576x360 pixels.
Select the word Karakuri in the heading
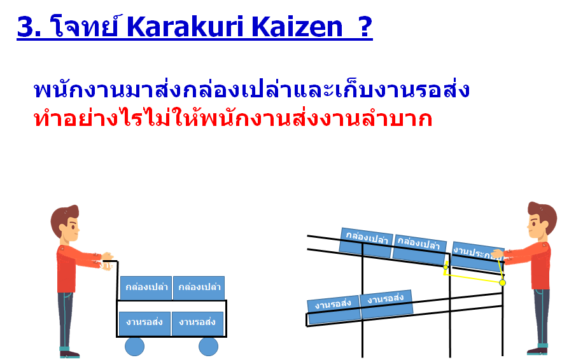pos(185,27)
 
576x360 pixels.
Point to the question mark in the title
pos(365,27)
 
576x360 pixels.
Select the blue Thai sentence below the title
pos(251,90)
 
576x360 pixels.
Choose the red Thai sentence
pos(233,118)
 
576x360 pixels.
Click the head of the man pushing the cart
pos(66,221)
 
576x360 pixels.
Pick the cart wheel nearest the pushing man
pos(134,346)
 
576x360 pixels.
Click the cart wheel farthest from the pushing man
pos(208,346)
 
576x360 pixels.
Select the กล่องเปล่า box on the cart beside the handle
pos(146,287)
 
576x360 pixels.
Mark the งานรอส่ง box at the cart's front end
pos(198,323)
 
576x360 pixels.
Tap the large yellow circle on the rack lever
pos(503,282)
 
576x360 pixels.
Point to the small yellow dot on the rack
pos(446,267)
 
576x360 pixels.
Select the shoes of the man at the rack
pos(537,350)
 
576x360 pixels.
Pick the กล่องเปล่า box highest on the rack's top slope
pos(366,242)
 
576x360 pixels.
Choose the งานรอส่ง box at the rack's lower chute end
pos(334,310)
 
